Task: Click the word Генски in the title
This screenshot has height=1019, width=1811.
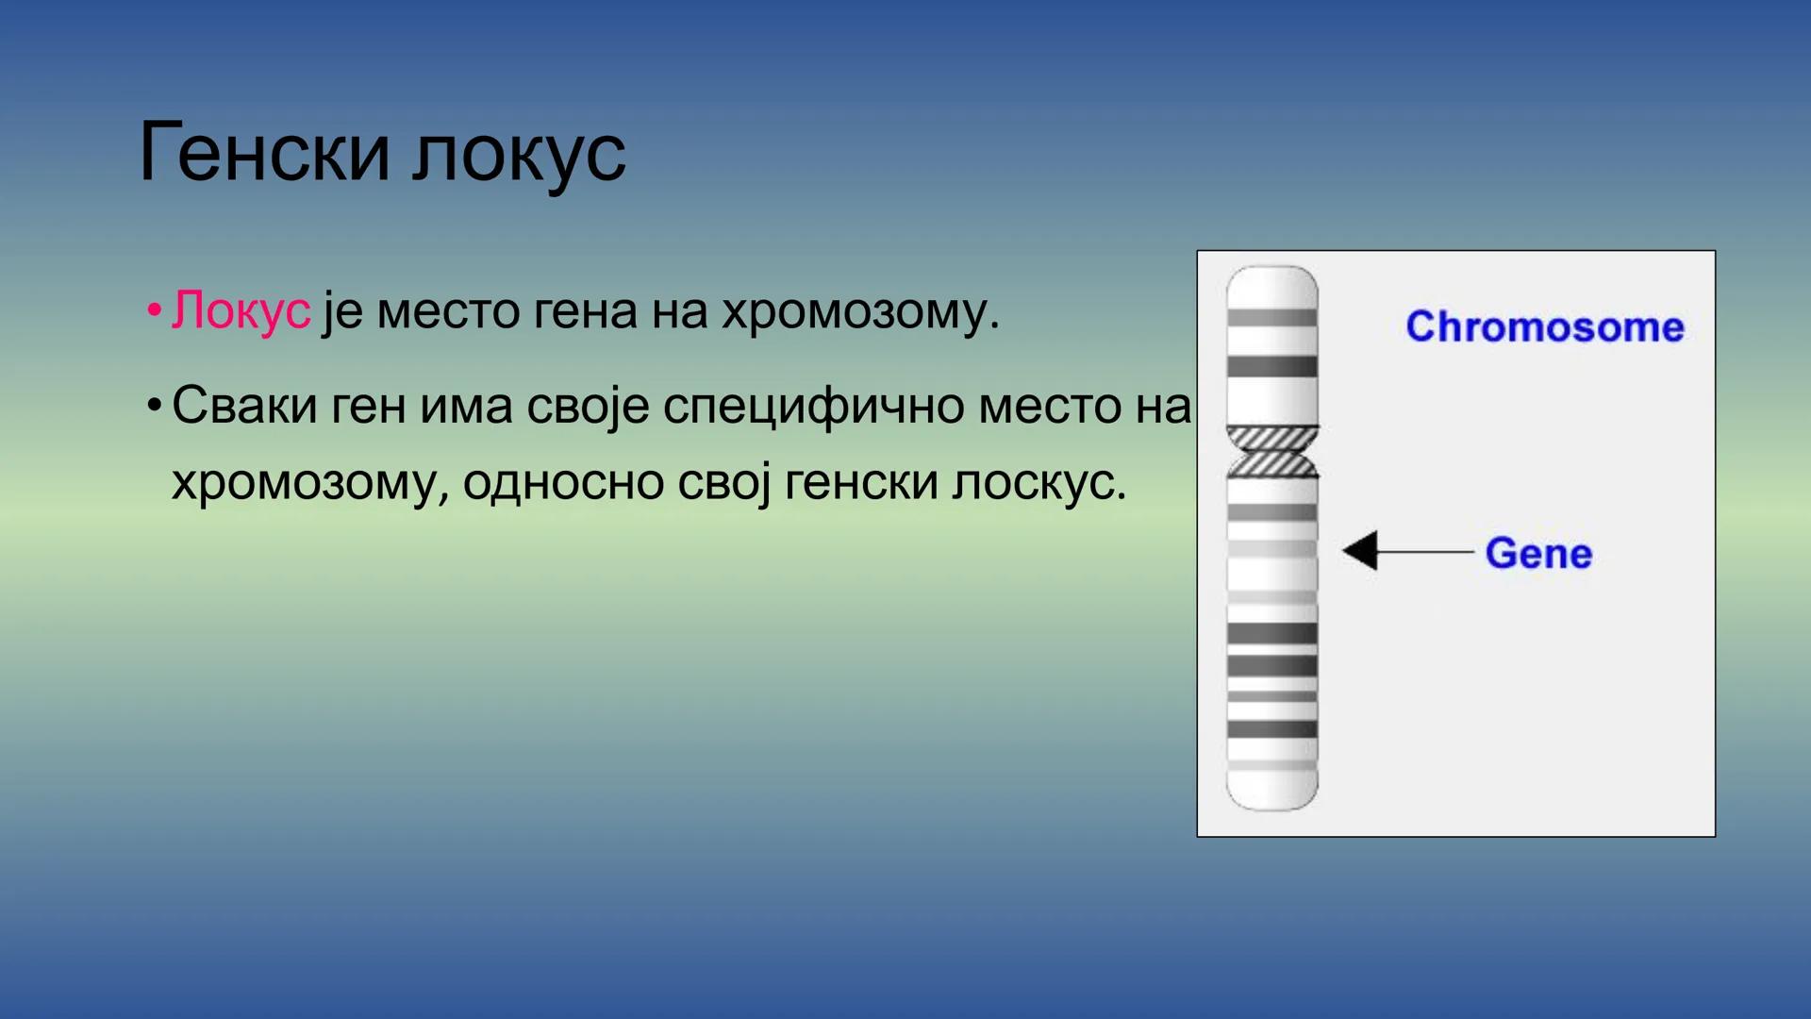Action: tap(263, 152)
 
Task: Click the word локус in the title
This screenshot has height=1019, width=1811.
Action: tap(519, 154)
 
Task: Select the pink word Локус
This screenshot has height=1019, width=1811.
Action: tap(241, 310)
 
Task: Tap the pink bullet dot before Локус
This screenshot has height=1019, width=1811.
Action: tap(154, 311)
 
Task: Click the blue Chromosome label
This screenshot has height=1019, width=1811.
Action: tap(1544, 326)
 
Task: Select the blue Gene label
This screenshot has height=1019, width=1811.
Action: tap(1537, 553)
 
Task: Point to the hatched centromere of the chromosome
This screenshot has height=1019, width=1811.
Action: tap(1271, 451)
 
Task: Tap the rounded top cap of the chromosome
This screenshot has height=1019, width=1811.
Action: tap(1271, 283)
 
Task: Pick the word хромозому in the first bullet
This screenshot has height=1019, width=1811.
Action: tap(858, 312)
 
